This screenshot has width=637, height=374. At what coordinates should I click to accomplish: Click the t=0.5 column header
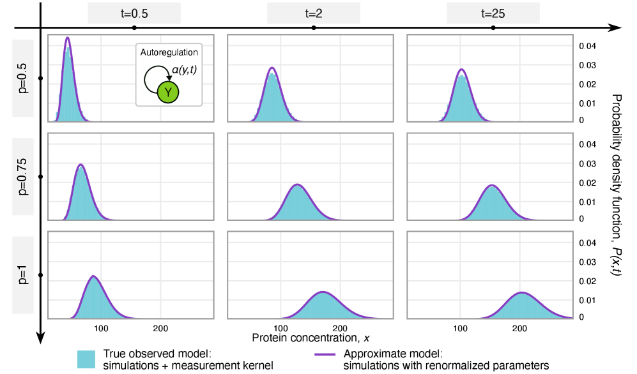tap(134, 13)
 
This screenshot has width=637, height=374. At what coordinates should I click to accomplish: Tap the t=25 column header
tap(493, 13)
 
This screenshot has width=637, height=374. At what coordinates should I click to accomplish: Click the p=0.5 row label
tap(23, 78)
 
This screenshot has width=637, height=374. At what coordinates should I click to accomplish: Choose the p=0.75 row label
tap(23, 177)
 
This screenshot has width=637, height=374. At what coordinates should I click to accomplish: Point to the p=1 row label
tap(23, 274)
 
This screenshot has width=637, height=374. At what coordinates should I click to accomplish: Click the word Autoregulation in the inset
tap(169, 52)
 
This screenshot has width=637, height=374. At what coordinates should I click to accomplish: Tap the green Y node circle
tap(168, 93)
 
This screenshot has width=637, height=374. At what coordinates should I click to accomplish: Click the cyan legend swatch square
tap(86, 359)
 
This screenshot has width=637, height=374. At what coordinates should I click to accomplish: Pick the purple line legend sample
tap(325, 354)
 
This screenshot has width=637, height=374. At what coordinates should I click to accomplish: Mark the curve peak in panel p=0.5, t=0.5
tap(68, 38)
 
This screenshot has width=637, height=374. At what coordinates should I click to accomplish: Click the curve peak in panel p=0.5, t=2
tap(272, 67)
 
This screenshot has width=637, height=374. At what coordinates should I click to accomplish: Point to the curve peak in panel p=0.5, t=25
tap(462, 70)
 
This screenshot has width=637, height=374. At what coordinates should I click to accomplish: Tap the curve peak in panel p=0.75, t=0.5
tap(81, 165)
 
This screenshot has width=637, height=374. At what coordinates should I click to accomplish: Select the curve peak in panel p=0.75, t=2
tap(297, 184)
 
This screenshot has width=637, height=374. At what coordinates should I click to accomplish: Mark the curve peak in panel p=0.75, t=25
tap(493, 185)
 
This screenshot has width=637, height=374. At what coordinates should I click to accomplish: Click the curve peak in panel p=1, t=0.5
tap(94, 276)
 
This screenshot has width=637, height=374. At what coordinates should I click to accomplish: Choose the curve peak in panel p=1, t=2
tap(324, 292)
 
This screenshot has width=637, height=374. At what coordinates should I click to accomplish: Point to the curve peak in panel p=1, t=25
tap(523, 292)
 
